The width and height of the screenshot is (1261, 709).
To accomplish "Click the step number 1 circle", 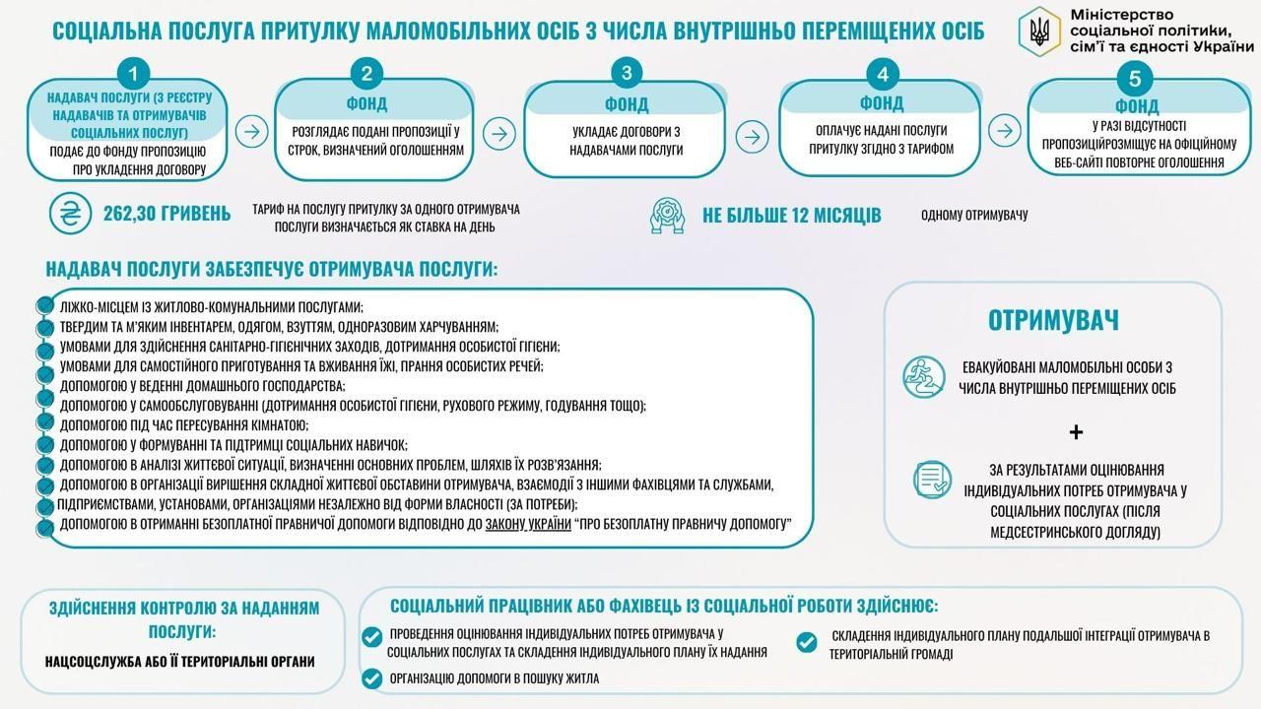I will coord(133,73).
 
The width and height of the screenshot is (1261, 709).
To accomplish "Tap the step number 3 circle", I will coord(627,72).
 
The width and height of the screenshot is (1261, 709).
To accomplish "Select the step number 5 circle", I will coord(1136,79).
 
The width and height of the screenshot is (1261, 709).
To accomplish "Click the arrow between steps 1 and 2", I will coord(252,131).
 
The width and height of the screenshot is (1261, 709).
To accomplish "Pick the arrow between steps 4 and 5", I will coord(1004,130).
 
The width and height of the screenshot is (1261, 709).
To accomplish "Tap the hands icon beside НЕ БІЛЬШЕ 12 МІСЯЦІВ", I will coord(667,215).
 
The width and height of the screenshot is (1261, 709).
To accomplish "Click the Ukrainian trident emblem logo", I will coord(1038,29).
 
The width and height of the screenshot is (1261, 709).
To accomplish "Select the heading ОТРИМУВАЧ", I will coord(1053,320).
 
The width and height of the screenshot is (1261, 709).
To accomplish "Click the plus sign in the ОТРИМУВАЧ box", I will coord(1076,431).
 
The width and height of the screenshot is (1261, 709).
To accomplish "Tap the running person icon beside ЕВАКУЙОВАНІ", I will coord(923,376).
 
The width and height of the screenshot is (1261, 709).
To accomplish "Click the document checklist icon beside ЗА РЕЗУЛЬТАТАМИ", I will coord(932,480).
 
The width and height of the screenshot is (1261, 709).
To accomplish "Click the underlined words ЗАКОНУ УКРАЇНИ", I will coord(529,524).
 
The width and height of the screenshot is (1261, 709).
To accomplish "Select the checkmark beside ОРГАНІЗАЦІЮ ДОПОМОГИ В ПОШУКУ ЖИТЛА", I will coord(371,678).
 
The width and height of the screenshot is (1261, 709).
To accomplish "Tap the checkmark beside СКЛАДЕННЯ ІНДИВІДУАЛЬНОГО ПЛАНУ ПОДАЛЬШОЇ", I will coord(806,643).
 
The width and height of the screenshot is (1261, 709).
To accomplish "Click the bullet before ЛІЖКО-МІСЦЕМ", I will coord(43,306).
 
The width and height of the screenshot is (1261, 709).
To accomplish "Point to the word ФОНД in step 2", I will coord(365,103).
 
